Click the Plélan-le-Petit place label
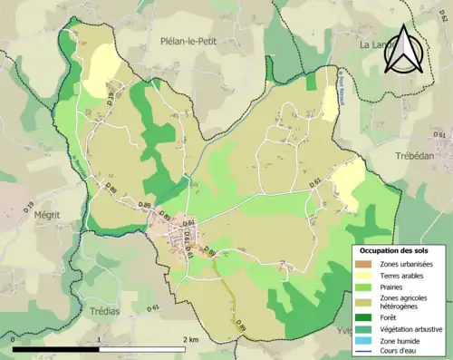(198, 42)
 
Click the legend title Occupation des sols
(396, 249)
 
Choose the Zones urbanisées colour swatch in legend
(363, 264)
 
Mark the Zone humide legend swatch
(363, 340)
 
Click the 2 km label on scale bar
(189, 338)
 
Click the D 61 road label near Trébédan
(440, 135)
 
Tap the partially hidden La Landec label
(371, 44)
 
